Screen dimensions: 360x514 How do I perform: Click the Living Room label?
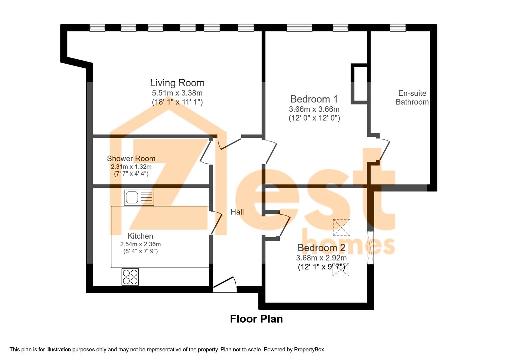177,83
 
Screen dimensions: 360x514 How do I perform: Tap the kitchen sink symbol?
139,197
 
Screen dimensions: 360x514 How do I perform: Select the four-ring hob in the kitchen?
130,277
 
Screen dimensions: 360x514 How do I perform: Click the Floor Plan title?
256,319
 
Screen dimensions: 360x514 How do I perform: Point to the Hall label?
237,212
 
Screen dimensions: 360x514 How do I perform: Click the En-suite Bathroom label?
412,98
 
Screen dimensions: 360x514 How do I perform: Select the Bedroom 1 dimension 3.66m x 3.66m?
314,109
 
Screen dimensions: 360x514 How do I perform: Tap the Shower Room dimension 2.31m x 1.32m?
131,166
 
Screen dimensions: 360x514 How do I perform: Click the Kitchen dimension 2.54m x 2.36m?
140,244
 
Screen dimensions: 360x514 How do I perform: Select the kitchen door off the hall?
216,223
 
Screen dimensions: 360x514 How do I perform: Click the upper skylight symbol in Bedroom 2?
341,227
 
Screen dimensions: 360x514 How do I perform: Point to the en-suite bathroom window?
398,28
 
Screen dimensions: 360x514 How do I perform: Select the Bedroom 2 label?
321,248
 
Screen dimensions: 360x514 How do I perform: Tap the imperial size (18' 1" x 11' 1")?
177,102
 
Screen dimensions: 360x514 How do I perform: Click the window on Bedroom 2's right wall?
370,247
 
